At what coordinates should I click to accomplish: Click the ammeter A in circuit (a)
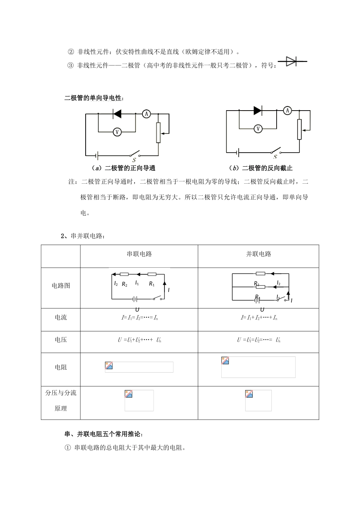pyautogui.click(x=146, y=114)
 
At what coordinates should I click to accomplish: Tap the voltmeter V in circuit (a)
pyautogui.click(x=117, y=132)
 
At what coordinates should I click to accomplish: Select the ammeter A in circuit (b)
pyautogui.click(x=288, y=110)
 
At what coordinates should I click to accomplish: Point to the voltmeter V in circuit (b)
pyautogui.click(x=258, y=129)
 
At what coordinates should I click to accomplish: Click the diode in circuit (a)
pyautogui.click(x=117, y=113)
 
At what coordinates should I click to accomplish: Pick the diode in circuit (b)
pyautogui.click(x=258, y=110)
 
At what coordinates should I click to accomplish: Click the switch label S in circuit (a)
pyautogui.click(x=134, y=160)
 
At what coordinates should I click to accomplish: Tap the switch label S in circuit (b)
pyautogui.click(x=275, y=157)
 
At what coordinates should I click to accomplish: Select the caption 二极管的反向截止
pyautogui.click(x=267, y=168)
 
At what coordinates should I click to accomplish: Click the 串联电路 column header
pyautogui.click(x=139, y=254)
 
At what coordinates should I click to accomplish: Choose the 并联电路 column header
pyautogui.click(x=258, y=254)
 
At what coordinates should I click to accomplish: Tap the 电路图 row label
pyautogui.click(x=61, y=286)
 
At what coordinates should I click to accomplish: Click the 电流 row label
pyautogui.click(x=61, y=317)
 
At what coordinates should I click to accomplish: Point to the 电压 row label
pyautogui.click(x=61, y=340)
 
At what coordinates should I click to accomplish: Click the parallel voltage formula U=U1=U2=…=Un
pyautogui.click(x=259, y=340)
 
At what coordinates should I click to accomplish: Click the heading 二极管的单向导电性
pyautogui.click(x=94, y=98)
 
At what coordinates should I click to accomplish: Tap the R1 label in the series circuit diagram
pyautogui.click(x=152, y=284)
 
